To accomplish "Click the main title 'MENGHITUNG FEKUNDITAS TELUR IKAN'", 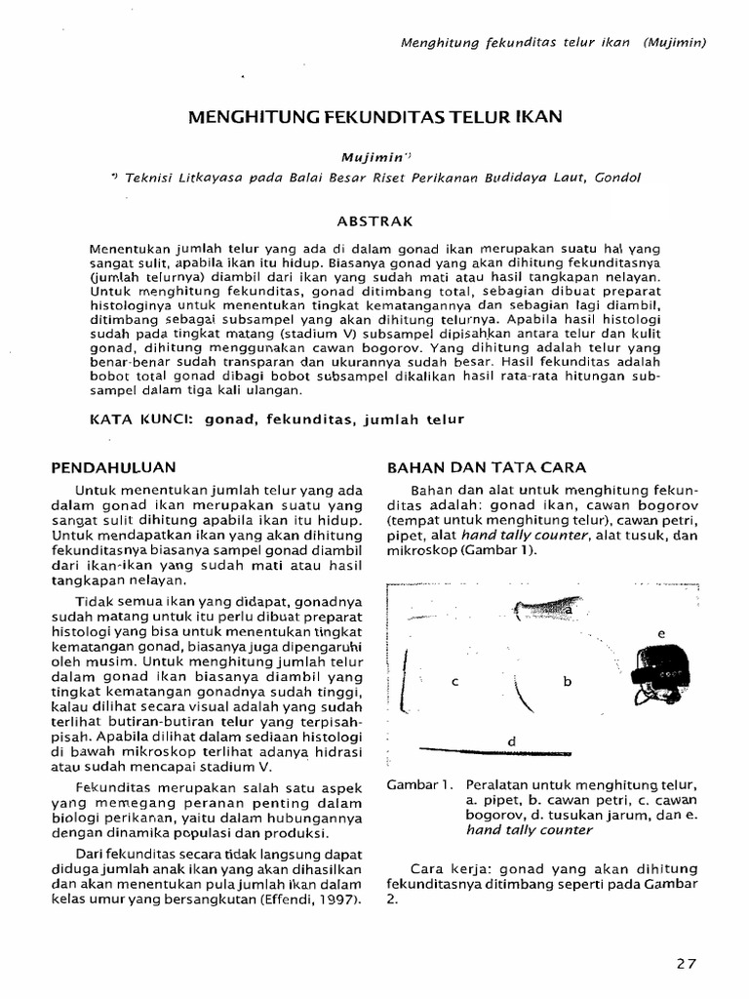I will coord(374,117).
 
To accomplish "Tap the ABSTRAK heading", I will coord(375,220).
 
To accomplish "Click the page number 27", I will coord(687,963).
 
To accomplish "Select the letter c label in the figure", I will coord(454,682).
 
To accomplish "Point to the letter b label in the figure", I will coord(567,682).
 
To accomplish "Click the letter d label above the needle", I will coord(511,741).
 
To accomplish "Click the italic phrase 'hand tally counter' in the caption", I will coord(529,829).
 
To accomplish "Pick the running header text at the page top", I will coord(554,43).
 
